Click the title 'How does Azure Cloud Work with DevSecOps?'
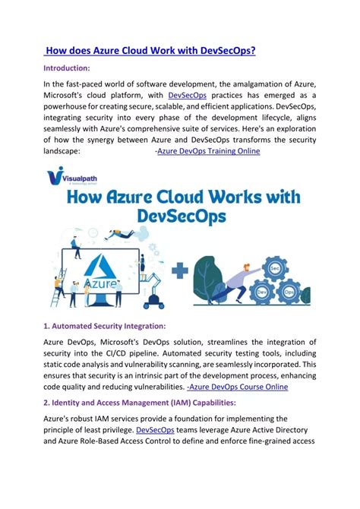(x=150, y=51)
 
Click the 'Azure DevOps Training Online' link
(x=208, y=151)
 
